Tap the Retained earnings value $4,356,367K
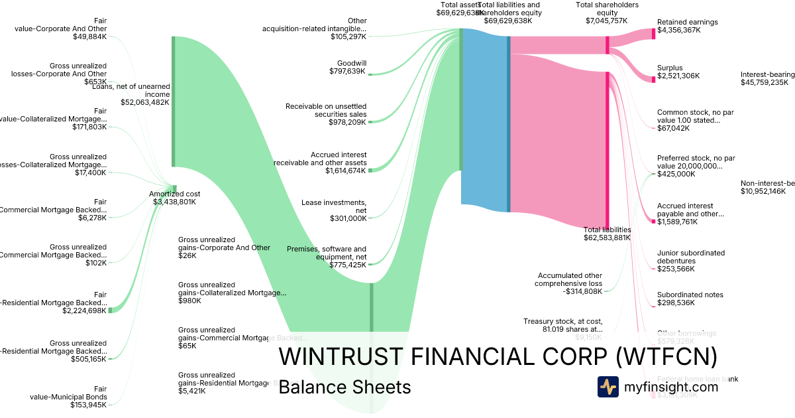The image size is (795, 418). coord(678,30)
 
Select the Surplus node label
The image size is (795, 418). coord(669,68)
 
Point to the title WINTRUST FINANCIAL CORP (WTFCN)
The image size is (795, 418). coord(498,356)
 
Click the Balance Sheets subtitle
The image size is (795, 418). coord(344,387)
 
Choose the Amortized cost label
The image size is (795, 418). coord(174,194)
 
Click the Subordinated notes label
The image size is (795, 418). coord(690,295)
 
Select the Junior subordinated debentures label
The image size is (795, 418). coord(690,257)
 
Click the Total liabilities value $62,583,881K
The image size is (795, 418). coord(607,238)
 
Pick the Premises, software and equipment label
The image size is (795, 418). coord(326,253)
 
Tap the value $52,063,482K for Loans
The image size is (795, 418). coord(144,102)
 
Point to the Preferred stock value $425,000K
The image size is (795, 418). coord(676,174)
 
